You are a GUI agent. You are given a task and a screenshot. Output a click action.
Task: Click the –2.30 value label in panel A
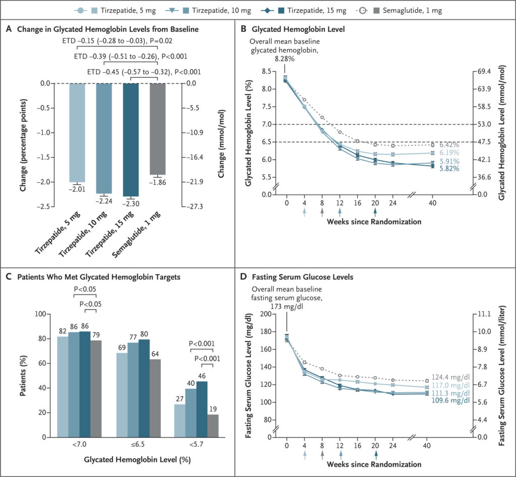click(x=131, y=205)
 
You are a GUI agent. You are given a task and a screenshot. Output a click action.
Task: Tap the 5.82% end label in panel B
click(x=448, y=169)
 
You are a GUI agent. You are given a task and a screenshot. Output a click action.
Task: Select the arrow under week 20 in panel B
click(x=375, y=212)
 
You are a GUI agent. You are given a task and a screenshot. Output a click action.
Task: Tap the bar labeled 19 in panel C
click(x=213, y=425)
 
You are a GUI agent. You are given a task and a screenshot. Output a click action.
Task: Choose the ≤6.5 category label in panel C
click(x=134, y=445)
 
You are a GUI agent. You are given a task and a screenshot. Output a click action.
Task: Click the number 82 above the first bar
click(x=62, y=330)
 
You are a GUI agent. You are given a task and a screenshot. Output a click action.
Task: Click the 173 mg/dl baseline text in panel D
click(x=287, y=304)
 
